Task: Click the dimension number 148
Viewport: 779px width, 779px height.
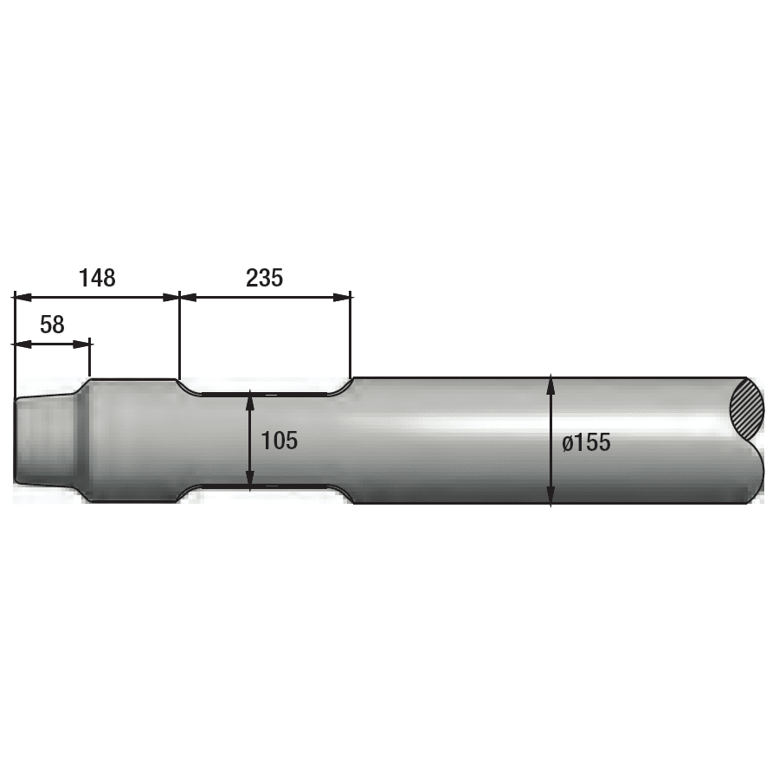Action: click(x=97, y=278)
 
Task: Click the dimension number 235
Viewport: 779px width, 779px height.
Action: click(x=265, y=278)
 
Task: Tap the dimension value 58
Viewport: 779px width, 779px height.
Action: click(x=52, y=325)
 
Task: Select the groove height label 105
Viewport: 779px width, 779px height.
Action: click(x=279, y=441)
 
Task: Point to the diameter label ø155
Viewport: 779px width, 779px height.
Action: click(x=586, y=442)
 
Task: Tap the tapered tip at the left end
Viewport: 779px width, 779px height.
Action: click(x=43, y=440)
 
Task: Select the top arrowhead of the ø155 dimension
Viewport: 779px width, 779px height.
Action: click(x=551, y=383)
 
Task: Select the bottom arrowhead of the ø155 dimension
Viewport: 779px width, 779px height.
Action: click(x=551, y=498)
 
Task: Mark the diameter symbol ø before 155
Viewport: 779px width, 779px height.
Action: click(x=568, y=443)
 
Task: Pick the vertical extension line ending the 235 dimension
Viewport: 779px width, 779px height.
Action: click(x=351, y=338)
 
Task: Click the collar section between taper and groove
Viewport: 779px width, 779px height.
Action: click(x=134, y=440)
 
